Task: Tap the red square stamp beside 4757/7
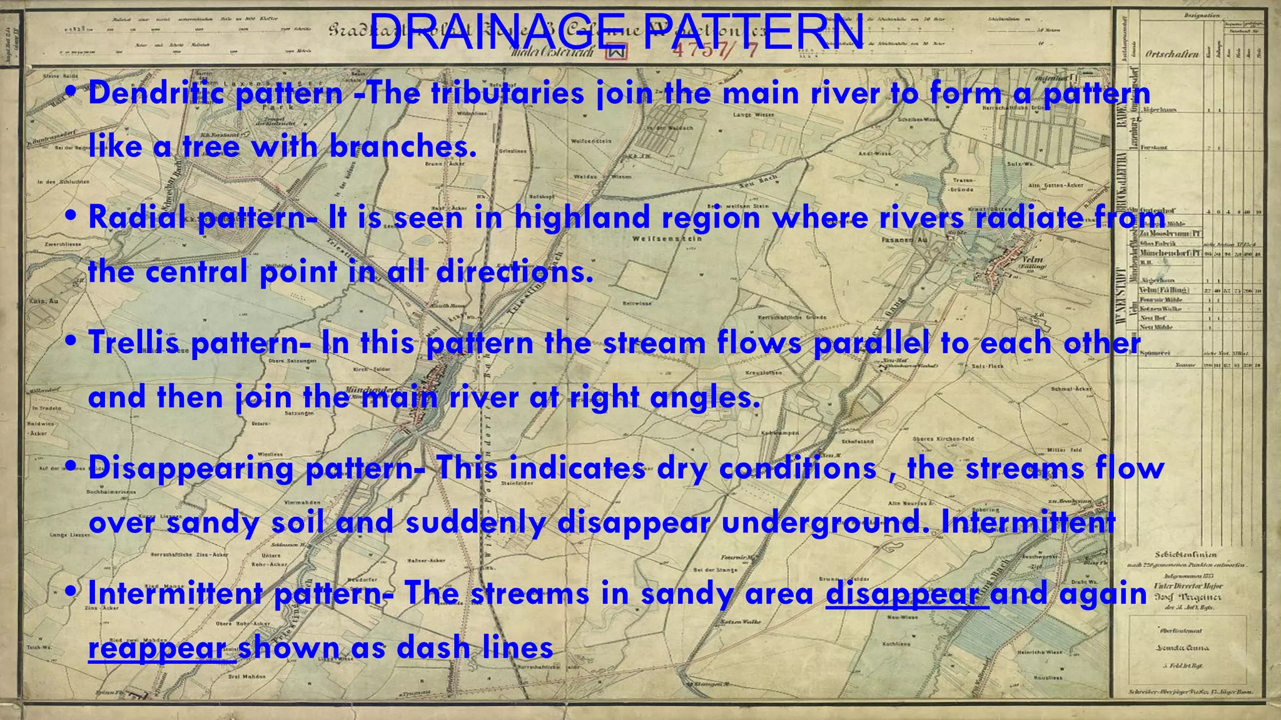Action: coord(616,51)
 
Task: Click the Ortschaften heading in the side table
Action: coord(1171,54)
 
